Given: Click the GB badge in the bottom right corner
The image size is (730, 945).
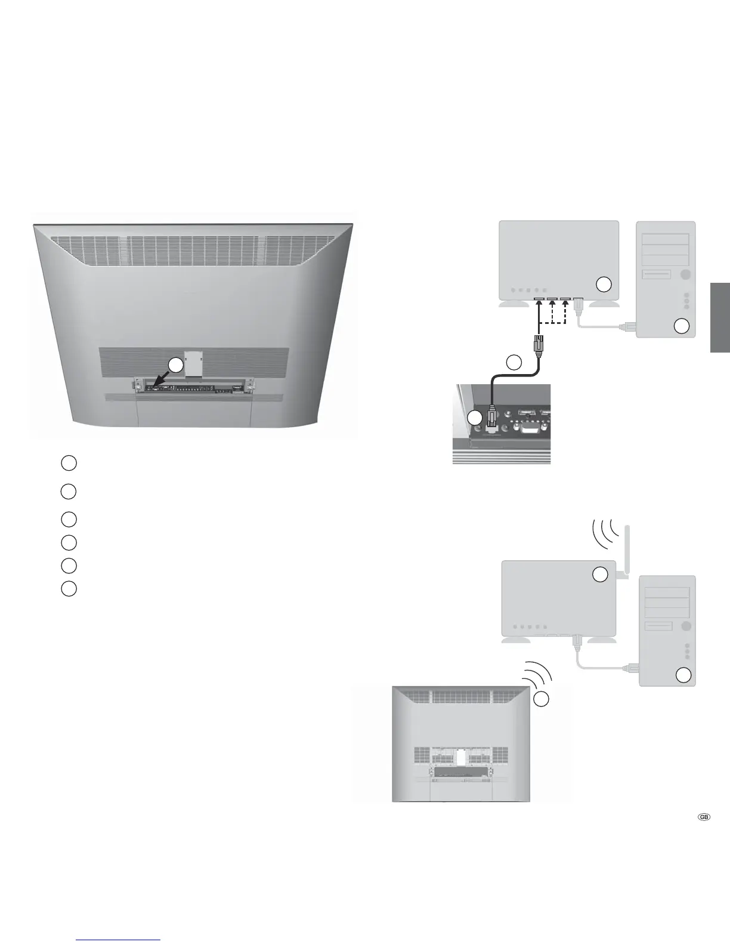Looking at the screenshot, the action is point(704,818).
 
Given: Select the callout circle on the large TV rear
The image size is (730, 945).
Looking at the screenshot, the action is point(174,365).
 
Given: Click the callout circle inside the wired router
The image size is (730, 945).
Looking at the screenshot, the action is point(604,285).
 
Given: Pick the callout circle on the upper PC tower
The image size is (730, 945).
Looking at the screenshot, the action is point(682,326).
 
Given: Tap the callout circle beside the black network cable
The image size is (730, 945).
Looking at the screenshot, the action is point(514,362).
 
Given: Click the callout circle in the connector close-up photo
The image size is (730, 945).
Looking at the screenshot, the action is point(475,418).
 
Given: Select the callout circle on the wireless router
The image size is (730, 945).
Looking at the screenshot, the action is point(601,574).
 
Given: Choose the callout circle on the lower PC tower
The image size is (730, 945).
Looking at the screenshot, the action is point(683,675).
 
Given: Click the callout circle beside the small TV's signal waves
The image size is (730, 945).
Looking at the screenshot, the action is point(542,699).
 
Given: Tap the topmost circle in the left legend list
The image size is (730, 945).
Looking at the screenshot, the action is point(69,462).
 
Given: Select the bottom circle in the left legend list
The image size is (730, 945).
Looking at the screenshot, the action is point(69,588).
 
